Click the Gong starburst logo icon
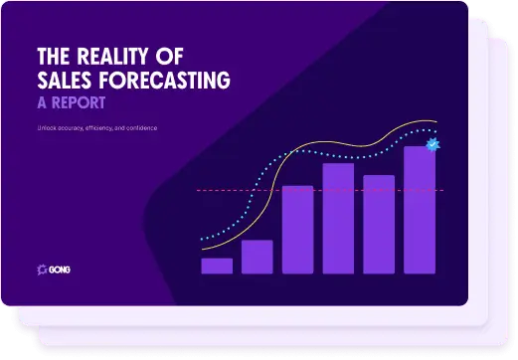(x=41, y=269)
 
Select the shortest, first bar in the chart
(x=217, y=266)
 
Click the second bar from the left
(x=257, y=257)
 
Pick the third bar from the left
(x=297, y=229)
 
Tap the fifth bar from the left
(x=379, y=224)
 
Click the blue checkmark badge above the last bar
(x=432, y=145)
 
